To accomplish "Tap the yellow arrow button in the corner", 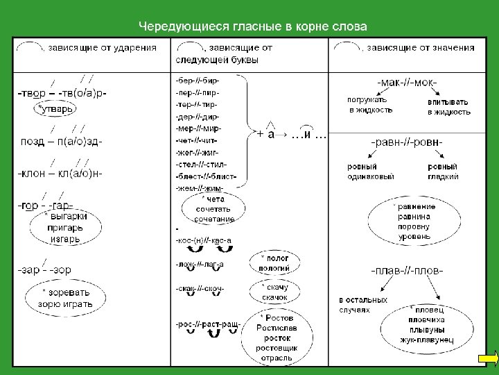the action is coord(488,359).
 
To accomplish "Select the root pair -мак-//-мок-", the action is coord(408,83).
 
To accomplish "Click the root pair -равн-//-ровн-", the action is coord(408,142).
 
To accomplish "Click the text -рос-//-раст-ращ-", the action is coord(209,324).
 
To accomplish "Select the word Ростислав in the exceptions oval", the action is coord(278,327).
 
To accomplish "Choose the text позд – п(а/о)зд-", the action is coord(60,142).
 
